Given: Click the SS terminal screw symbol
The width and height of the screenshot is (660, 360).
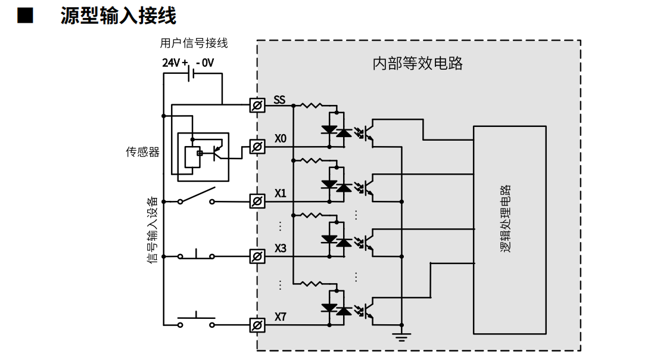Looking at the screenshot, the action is (257, 105).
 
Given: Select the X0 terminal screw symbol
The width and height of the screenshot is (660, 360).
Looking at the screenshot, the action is (257, 147).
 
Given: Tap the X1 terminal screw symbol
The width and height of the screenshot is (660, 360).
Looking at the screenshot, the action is (257, 201).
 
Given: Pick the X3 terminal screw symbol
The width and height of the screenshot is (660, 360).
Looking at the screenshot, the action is (257, 256).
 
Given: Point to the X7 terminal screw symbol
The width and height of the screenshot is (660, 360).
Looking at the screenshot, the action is (257, 325).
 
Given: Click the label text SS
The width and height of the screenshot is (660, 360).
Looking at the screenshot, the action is (279, 100).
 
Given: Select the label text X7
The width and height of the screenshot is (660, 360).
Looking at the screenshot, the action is (281, 316).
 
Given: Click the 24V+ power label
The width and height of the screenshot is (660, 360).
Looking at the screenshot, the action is (175, 63).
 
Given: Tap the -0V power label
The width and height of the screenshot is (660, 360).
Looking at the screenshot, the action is (205, 63).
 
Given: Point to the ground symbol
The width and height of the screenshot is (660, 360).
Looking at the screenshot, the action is (401, 336).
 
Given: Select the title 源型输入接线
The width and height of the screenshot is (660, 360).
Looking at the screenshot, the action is (119, 16).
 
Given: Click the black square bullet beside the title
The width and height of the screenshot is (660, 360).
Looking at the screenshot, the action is (25, 15).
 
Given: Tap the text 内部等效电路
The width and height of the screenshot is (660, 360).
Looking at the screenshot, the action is (418, 64).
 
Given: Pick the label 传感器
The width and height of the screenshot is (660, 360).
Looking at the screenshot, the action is (143, 152).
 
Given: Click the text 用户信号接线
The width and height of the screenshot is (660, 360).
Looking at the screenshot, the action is (194, 43).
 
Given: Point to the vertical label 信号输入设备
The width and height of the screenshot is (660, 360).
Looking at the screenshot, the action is (152, 230).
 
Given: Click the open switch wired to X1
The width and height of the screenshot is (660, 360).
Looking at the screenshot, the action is (196, 197).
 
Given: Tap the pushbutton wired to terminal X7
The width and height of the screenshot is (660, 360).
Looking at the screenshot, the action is (196, 320).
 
